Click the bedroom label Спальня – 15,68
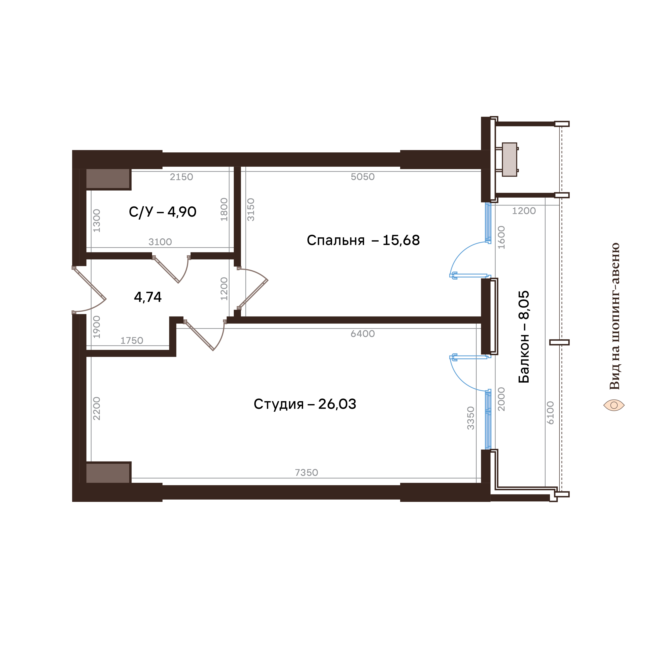point(363,240)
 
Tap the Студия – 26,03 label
point(305,404)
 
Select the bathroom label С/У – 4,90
point(162,212)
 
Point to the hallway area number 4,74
point(148,297)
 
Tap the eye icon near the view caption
point(614,405)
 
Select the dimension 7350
point(306,473)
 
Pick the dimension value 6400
point(363,334)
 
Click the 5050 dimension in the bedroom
point(363,177)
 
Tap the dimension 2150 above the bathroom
point(181,177)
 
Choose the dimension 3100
point(160,242)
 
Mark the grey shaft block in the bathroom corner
point(108,179)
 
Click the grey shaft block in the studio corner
point(108,473)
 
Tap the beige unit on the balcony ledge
point(509,159)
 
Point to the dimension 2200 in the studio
point(97,408)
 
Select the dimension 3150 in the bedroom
point(251,210)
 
